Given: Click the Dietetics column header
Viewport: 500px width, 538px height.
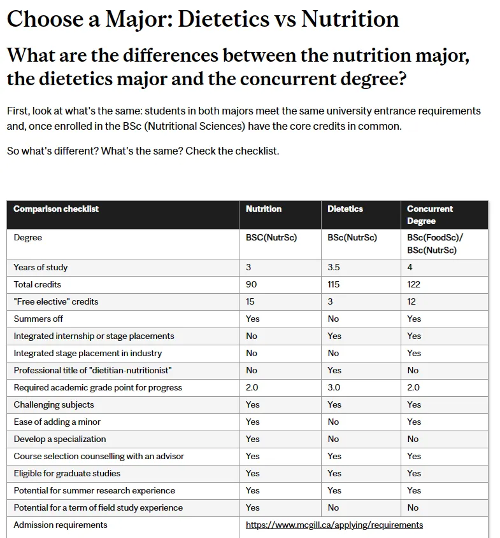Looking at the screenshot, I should pos(345,209).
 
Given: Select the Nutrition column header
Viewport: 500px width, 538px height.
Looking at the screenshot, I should pos(264,209).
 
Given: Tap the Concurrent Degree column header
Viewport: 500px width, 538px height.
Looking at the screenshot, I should pos(430,214).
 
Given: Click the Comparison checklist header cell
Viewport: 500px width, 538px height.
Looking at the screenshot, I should pos(56,209).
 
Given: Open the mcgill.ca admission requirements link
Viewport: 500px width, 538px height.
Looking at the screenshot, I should pos(334,525).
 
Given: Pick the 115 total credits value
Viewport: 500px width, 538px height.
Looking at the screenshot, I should pos(334,284).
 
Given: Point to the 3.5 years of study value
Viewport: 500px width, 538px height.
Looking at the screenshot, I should pos(334,267).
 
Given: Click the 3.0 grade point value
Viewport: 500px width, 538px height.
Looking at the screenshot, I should pos(334,387).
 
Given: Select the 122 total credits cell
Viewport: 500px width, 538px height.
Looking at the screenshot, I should pos(414,284).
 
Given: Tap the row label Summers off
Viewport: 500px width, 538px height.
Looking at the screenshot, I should pos(38,319).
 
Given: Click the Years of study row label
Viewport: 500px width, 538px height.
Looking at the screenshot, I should pos(41,267).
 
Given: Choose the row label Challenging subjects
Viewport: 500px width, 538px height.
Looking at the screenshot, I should pos(54,404).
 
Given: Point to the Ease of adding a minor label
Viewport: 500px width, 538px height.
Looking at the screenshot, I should pos(57,422).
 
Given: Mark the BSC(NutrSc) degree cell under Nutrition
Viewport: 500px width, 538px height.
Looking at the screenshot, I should pos(271,238).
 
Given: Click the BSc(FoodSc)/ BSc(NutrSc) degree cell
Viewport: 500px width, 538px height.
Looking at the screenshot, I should pos(435,244).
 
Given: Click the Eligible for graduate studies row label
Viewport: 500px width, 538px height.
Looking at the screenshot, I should pos(67,473).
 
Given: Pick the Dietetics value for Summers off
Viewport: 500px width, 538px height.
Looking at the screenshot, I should pos(333,319).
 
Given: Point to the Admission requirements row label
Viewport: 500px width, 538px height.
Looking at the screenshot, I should pos(61,525).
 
